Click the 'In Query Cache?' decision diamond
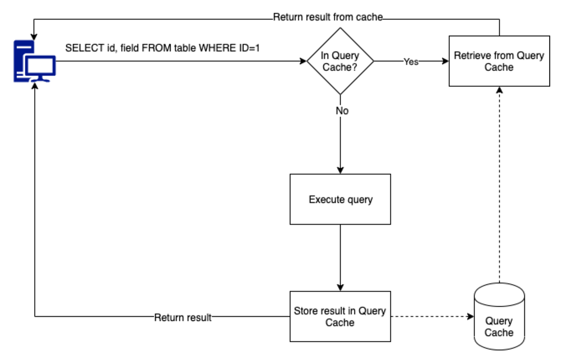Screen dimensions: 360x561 (x=340, y=61)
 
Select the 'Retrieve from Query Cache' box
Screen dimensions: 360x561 (x=499, y=61)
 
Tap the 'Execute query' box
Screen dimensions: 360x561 (x=340, y=200)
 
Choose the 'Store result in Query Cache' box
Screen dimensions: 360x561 (x=340, y=317)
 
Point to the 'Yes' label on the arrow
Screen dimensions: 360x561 (x=411, y=62)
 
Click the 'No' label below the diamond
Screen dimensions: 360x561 (x=342, y=111)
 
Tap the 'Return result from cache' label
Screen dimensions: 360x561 (x=328, y=18)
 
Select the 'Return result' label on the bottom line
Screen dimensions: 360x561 (x=183, y=317)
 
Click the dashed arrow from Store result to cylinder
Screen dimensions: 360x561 (x=430, y=317)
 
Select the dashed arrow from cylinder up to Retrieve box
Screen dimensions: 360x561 (x=499, y=187)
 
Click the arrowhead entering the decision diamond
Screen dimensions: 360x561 (x=303, y=61)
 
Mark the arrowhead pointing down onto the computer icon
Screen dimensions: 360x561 (x=34, y=36)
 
